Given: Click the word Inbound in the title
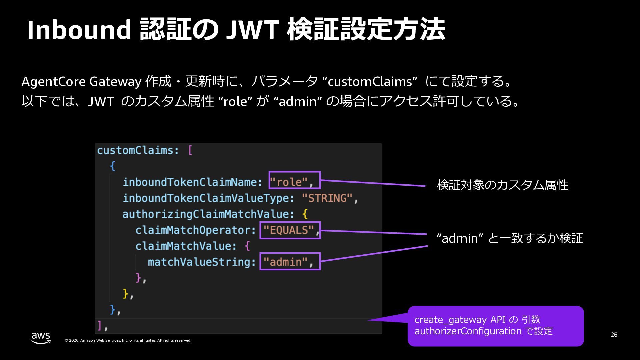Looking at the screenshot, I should coord(79,30).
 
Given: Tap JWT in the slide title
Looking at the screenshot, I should coord(252,30).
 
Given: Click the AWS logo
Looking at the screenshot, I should coord(41,338).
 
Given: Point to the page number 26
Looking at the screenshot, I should coord(614,335).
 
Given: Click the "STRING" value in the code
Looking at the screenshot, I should coord(327,198).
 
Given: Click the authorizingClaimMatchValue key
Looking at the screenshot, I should coord(208,214).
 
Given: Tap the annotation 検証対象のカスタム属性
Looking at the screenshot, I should coord(502,185).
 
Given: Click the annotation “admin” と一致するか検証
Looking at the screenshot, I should coord(510,238).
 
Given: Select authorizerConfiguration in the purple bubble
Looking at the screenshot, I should coord(468,331).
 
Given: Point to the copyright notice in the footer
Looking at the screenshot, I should coord(128,340).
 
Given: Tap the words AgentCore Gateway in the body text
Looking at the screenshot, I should coord(81,82).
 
